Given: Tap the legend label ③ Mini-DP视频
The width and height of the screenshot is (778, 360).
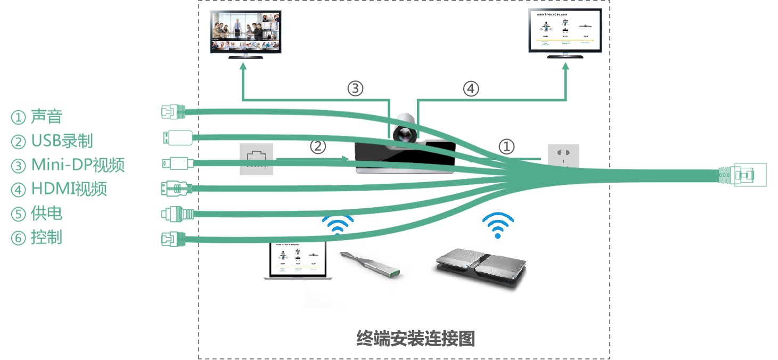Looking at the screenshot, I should click(68, 165).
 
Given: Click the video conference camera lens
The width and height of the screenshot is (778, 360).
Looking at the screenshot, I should click(406, 133).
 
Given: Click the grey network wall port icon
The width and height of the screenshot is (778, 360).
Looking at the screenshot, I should click(256, 159).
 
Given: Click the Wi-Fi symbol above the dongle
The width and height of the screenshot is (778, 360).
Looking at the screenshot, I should click(337, 224).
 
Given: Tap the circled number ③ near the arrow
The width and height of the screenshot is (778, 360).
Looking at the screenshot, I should click(355, 88).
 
